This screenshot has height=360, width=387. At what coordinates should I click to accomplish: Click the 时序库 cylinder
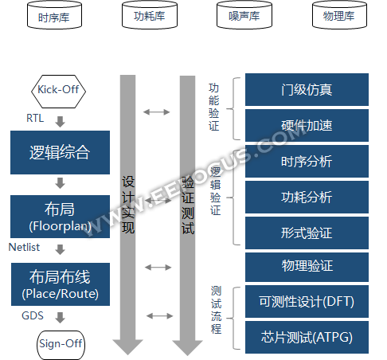click(54, 15)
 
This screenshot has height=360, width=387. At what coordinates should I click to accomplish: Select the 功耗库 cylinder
click(150, 15)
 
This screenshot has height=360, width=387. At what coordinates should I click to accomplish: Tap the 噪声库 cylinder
click(244, 15)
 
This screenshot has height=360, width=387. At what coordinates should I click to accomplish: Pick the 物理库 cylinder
click(339, 15)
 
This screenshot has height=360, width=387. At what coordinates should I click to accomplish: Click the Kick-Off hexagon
click(59, 92)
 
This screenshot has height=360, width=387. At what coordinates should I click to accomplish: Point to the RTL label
click(35, 118)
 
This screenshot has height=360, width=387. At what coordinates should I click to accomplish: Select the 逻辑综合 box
click(60, 152)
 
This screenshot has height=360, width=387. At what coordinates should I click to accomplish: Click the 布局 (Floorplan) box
click(60, 217)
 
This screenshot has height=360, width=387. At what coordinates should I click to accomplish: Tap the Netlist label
click(24, 247)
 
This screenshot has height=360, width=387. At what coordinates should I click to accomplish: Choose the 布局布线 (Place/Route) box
click(61, 284)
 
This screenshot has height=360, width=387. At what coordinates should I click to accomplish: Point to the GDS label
click(33, 315)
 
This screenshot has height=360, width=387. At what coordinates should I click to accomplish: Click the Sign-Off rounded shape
click(61, 345)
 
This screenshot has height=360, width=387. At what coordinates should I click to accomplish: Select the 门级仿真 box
click(307, 89)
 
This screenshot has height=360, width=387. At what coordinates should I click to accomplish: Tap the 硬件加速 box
click(307, 125)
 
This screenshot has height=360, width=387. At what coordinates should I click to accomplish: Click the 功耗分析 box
click(307, 197)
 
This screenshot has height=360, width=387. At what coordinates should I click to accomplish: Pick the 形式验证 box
click(307, 233)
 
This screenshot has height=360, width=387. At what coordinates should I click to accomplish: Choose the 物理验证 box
click(307, 267)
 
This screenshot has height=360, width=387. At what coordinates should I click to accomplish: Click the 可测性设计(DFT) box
click(307, 302)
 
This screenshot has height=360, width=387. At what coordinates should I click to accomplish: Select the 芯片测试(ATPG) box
click(307, 337)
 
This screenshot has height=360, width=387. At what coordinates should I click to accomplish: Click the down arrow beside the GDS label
click(61, 318)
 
